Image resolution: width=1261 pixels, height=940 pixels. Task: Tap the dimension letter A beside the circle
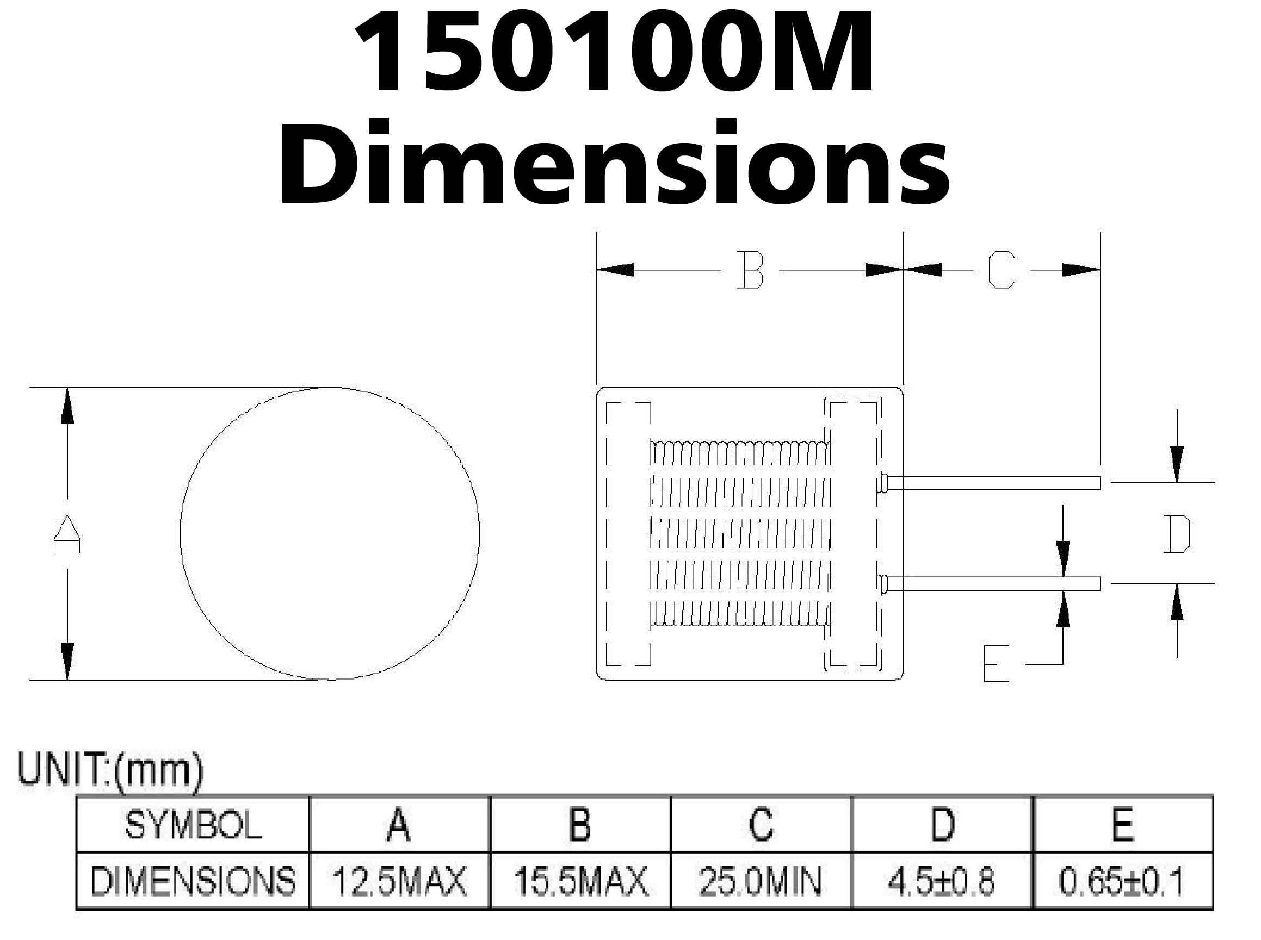point(66,534)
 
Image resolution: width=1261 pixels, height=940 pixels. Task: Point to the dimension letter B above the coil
point(750,270)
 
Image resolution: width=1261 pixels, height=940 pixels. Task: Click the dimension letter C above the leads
point(1002,270)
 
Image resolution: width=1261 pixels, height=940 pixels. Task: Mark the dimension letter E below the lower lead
point(996,663)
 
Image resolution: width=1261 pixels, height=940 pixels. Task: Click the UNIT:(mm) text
point(110,770)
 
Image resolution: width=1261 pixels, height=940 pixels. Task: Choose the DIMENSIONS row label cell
point(193,880)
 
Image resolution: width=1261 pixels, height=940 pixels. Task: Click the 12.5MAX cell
point(399,880)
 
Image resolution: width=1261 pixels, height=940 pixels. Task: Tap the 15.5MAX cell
point(580,880)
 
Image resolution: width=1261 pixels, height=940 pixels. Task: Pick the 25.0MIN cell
point(761,880)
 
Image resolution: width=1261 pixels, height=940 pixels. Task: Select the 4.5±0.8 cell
point(942,880)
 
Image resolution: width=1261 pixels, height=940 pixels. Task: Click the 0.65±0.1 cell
point(1122,880)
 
